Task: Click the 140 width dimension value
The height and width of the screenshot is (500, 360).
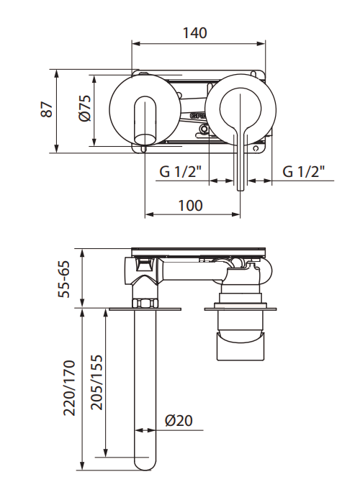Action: [x=194, y=32]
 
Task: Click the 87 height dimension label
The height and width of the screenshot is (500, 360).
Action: [x=47, y=111]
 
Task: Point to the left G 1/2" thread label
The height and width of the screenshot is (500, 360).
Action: [x=180, y=172]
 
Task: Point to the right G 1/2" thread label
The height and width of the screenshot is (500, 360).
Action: [x=303, y=172]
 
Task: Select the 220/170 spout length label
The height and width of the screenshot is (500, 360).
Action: [x=69, y=388]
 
